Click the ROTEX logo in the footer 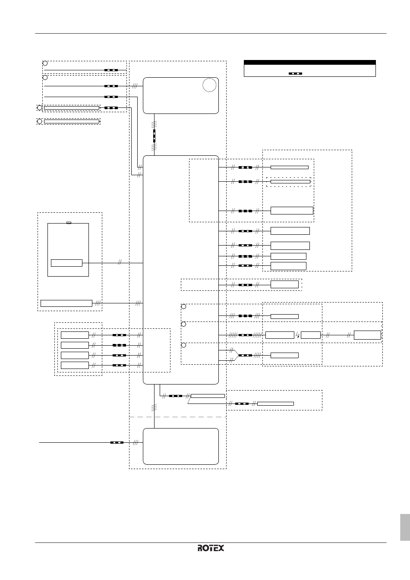[211, 548]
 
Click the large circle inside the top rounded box [209, 85]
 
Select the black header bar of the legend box [310, 63]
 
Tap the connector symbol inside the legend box [295, 73]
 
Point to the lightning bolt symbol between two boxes [298, 335]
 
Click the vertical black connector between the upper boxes [155, 136]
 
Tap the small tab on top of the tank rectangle [69, 223]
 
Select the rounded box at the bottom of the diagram [181, 446]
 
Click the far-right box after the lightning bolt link [367, 335]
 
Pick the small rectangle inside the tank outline [66, 263]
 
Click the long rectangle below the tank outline [66, 303]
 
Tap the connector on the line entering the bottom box [117, 442]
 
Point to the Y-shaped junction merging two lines [235, 355]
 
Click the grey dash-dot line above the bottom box [178, 417]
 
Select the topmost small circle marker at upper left [45, 63]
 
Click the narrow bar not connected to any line [72, 121]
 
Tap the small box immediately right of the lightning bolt [311, 335]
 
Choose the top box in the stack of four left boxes [75, 335]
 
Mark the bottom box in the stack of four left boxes [75, 365]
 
